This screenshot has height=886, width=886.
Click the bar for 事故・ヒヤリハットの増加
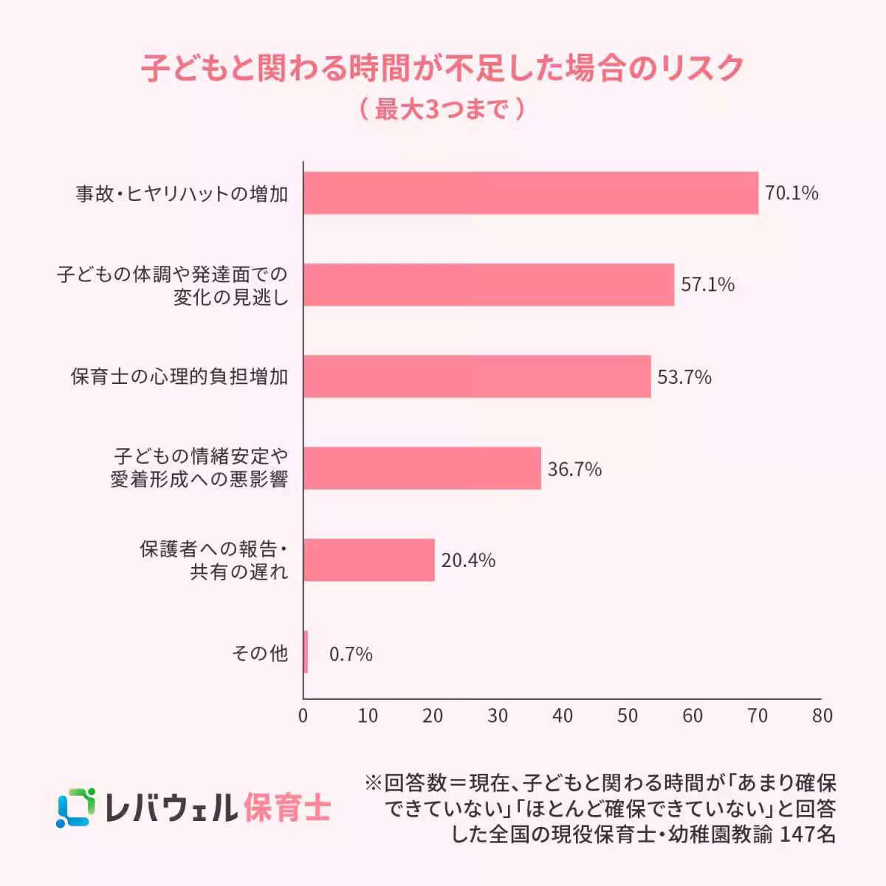pyautogui.click(x=531, y=193)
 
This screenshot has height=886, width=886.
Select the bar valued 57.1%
pyautogui.click(x=489, y=285)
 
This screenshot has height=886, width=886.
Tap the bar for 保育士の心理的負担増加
pyautogui.click(x=477, y=377)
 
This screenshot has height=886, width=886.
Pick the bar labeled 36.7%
pyautogui.click(x=422, y=468)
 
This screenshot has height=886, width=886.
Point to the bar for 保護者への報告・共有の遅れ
pyautogui.click(x=368, y=560)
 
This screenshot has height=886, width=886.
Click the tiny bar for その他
pyautogui.click(x=306, y=652)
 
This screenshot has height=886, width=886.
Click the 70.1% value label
pyautogui.click(x=791, y=193)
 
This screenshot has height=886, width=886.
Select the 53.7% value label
pyautogui.click(x=684, y=377)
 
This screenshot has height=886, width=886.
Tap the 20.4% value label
pyautogui.click(x=468, y=560)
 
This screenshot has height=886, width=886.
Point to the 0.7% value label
pyautogui.click(x=351, y=654)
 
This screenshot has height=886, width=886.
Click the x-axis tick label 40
pyautogui.click(x=563, y=715)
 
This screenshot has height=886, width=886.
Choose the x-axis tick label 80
pyautogui.click(x=822, y=715)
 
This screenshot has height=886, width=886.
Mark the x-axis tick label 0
pyautogui.click(x=303, y=715)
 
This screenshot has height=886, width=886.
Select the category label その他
pyautogui.click(x=259, y=653)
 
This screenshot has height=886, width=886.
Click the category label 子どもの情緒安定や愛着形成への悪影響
pyautogui.click(x=199, y=467)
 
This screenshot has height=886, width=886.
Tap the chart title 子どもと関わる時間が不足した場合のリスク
pyautogui.click(x=442, y=68)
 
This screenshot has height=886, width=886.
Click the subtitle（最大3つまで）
pyautogui.click(x=442, y=109)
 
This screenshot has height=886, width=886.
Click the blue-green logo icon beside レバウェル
pyautogui.click(x=76, y=808)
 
